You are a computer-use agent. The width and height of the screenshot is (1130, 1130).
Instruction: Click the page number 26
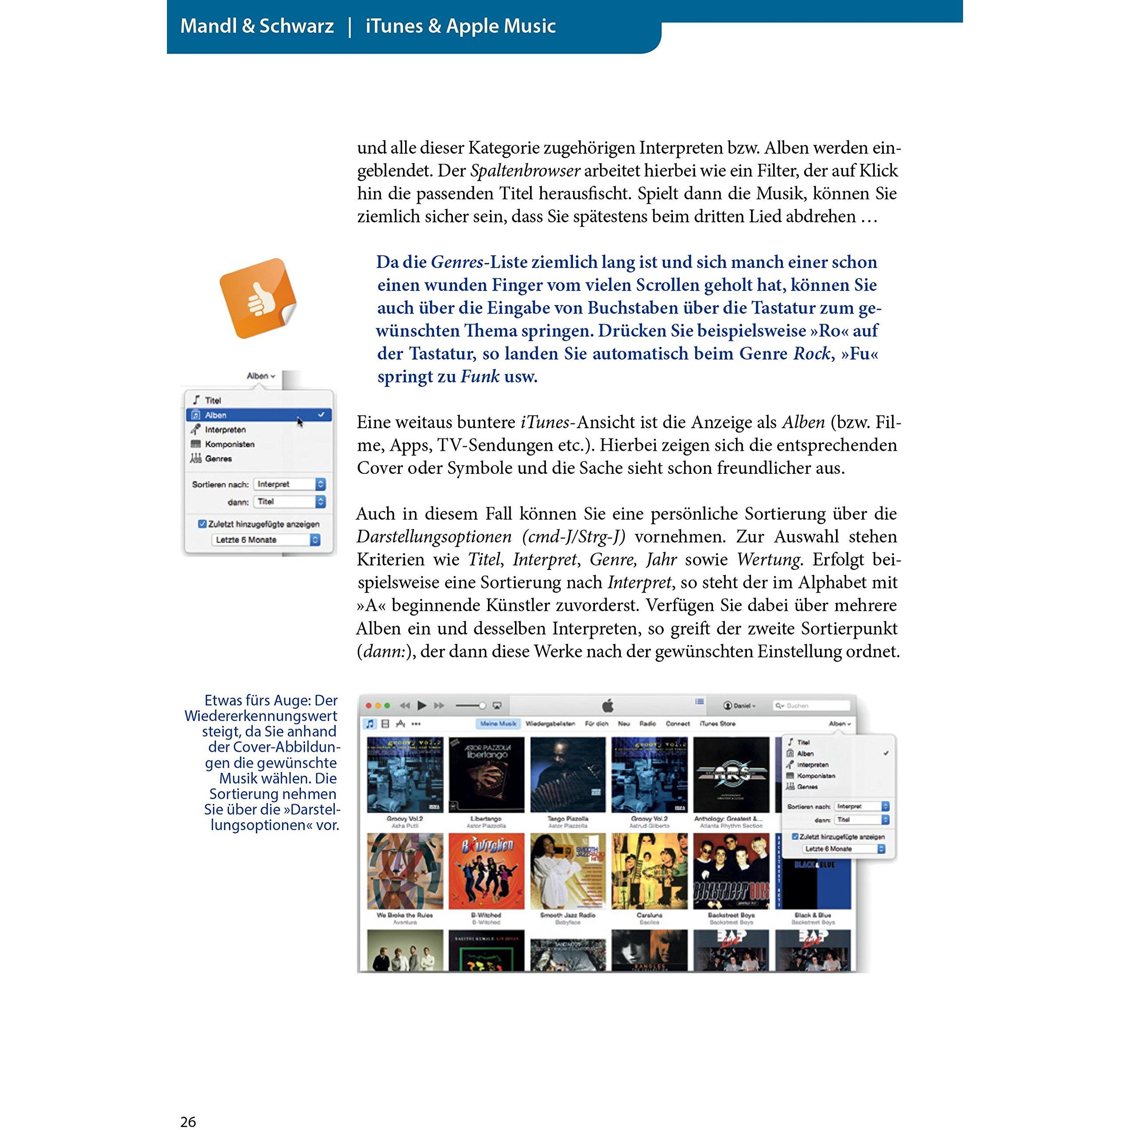point(188,1121)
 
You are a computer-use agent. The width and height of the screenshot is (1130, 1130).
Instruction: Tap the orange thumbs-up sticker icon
point(258,299)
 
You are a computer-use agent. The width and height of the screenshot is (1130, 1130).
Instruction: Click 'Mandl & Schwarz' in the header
point(257,26)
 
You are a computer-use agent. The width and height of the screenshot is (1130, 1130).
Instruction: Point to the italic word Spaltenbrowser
point(525,171)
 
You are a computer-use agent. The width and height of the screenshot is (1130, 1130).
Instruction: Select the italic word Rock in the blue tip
point(811,353)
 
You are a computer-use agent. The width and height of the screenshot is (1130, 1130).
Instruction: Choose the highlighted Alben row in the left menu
point(259,415)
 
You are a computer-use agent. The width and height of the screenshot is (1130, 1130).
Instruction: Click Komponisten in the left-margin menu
point(229,444)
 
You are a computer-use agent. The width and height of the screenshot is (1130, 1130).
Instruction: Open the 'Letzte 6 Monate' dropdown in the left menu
point(266,539)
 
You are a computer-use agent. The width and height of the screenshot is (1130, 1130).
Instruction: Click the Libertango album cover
point(486,774)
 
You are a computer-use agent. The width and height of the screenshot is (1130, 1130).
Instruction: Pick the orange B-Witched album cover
point(486,871)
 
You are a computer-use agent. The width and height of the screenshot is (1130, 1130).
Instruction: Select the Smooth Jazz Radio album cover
point(567,871)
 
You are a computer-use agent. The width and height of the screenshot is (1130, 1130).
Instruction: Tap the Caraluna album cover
point(649,871)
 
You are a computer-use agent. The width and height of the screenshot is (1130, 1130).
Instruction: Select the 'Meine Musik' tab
point(498,724)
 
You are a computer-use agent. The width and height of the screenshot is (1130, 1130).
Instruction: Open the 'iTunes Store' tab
point(717,724)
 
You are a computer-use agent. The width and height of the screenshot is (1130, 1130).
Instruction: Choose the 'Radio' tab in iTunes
point(647,724)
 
